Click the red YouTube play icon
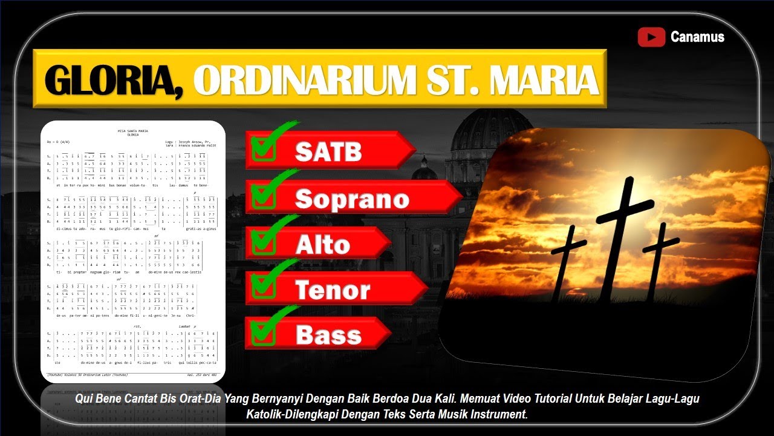pos(651,37)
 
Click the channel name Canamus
pos(697,37)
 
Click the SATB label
pos(328,151)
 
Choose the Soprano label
pos(351,199)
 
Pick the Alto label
pos(322,244)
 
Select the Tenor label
pos(332,289)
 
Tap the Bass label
pos(328,334)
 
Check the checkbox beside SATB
pos(263,148)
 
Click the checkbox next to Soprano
pos(263,194)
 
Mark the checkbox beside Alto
pos(263,240)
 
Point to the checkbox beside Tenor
pos(263,286)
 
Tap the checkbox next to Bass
pos(263,331)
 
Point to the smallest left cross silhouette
pos(567,260)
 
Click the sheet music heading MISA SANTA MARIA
pos(132,131)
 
